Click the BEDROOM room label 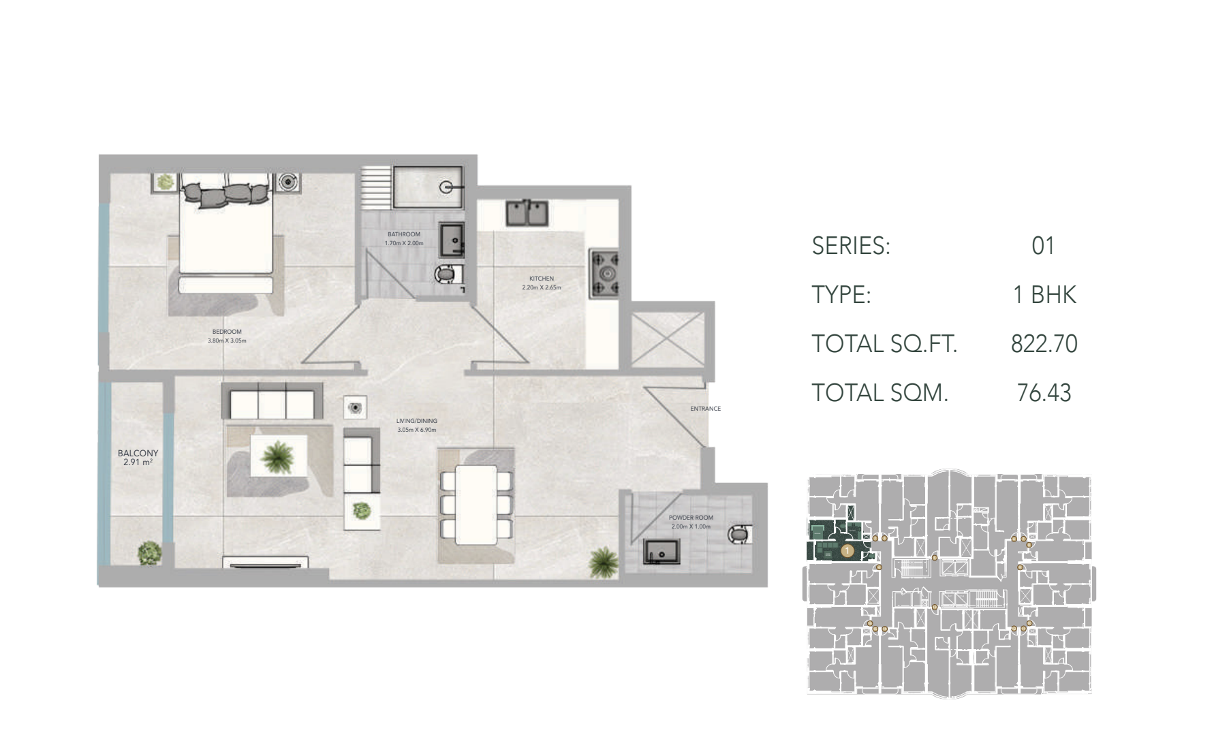click(227, 332)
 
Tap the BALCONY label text click(138, 453)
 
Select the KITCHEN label click(542, 279)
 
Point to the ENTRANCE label click(705, 409)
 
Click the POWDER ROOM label click(691, 518)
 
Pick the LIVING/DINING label click(417, 421)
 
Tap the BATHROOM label click(404, 234)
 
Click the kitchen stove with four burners click(604, 273)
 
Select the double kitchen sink click(527, 212)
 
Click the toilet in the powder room click(739, 535)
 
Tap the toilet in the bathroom click(448, 274)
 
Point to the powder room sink click(661, 552)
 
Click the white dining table click(476, 505)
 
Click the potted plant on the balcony click(149, 553)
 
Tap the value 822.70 click(1044, 344)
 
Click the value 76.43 click(1044, 393)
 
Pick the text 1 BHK click(1044, 295)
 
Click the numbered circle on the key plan click(847, 549)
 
